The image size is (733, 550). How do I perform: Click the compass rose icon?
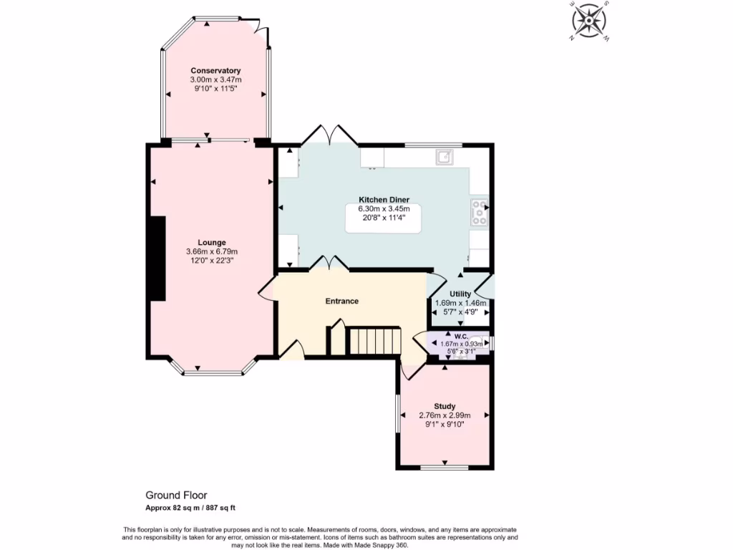pos(589,20)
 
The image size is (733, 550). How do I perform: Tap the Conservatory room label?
pos(215,70)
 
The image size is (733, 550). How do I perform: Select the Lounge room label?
pos(212,242)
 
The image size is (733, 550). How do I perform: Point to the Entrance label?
pos(342,301)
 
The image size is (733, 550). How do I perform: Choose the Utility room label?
pos(460,294)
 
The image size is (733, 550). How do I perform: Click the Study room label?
pos(445,406)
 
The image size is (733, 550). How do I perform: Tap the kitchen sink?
pos(445,156)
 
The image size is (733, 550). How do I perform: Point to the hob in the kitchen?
pos(480,212)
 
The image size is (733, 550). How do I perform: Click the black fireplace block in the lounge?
pos(157,259)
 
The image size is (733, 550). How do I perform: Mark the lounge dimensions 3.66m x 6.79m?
pos(212,251)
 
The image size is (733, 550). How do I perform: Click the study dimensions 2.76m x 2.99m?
pos(445,415)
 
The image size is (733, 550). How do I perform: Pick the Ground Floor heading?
pos(176,495)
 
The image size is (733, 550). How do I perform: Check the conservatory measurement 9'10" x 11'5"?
pos(215,89)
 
